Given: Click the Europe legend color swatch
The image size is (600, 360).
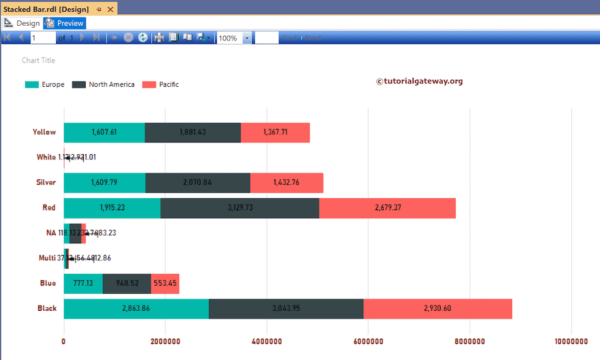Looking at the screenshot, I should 32,84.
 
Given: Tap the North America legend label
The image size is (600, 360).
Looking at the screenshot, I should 111,84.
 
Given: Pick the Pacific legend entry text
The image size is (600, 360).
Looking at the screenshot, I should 169,84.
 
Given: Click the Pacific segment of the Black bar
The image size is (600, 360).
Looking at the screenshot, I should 438,308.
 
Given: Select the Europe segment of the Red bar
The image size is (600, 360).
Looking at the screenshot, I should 112,208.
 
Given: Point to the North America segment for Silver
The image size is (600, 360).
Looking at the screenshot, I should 197,182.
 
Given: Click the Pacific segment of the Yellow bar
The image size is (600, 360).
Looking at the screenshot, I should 275,133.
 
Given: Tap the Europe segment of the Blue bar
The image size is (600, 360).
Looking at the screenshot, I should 83,283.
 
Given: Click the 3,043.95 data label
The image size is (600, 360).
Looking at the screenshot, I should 286,308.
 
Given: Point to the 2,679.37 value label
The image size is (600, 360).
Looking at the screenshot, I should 387,208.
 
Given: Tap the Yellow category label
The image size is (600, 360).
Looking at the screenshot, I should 45,132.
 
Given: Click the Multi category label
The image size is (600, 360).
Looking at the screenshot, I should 47,258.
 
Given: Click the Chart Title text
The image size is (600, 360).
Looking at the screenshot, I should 39,60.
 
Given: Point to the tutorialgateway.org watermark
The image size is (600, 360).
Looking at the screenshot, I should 419,81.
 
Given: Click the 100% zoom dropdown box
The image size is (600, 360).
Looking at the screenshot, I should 234,38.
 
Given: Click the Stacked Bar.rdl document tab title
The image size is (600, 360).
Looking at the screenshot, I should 46,9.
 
